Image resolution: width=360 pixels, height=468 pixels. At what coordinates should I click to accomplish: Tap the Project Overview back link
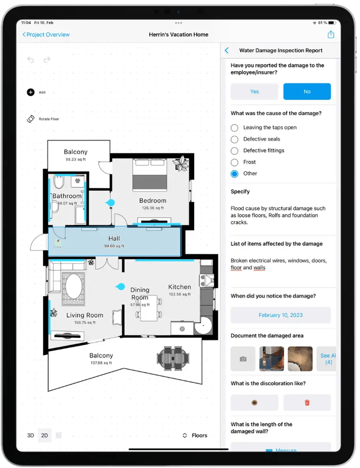click(x=46, y=35)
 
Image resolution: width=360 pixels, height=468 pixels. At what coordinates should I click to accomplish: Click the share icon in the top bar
click(x=331, y=35)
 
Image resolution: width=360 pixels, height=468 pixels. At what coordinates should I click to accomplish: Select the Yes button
click(x=255, y=92)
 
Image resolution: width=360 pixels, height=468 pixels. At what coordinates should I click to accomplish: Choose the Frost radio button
click(x=235, y=162)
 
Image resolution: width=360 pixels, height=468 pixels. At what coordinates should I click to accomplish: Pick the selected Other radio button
click(x=235, y=174)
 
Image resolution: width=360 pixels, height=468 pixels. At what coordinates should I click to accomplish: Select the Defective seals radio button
click(x=235, y=139)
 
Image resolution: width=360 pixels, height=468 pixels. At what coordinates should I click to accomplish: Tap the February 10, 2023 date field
click(x=281, y=315)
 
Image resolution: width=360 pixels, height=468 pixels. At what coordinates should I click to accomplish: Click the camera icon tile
click(x=243, y=359)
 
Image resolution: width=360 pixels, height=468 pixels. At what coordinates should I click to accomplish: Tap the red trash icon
click(x=307, y=403)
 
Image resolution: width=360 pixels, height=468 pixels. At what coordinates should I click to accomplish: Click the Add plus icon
click(x=31, y=92)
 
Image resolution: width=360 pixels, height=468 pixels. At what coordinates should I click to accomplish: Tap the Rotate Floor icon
click(x=31, y=119)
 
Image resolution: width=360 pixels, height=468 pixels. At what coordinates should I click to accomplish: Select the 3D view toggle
click(x=30, y=435)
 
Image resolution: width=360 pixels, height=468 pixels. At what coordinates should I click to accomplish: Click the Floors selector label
click(x=200, y=435)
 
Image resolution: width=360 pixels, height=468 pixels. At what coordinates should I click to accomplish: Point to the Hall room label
click(x=114, y=239)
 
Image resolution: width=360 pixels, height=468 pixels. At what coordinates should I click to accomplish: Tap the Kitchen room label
click(x=180, y=287)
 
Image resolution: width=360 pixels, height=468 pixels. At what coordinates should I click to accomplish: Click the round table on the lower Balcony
click(x=173, y=358)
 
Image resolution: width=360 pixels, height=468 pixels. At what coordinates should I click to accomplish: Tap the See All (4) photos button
click(x=327, y=359)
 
